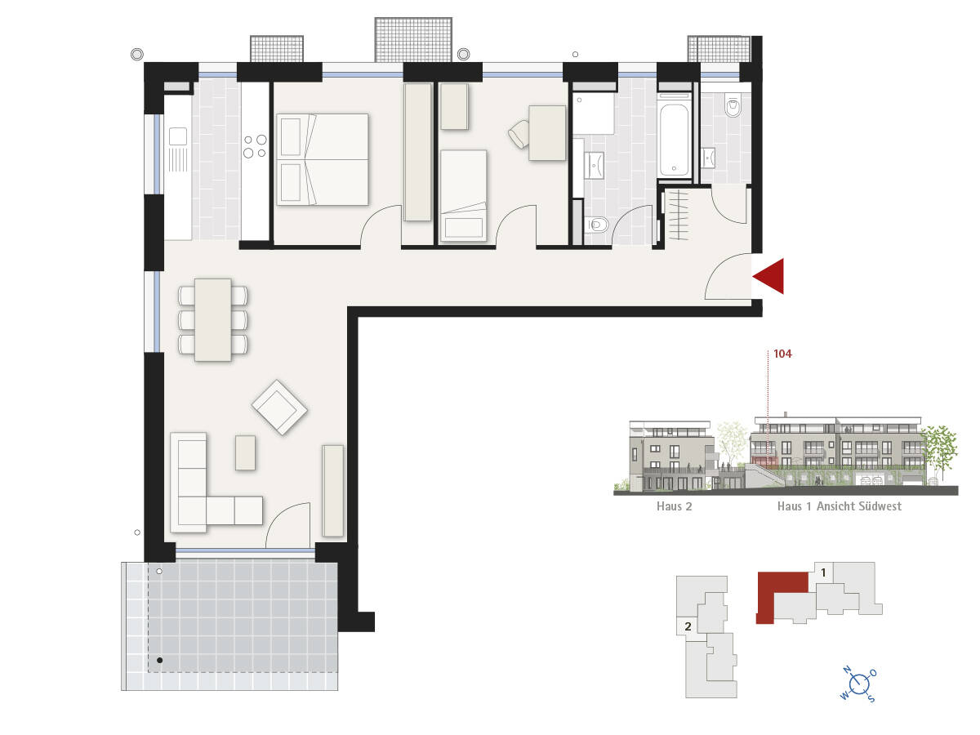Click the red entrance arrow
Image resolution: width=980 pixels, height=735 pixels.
click(770, 276)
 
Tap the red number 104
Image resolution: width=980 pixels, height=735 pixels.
click(782, 354)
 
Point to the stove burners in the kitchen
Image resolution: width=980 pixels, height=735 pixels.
click(254, 145)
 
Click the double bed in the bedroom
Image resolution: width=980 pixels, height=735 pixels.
click(323, 159)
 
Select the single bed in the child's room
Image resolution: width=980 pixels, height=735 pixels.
click(463, 196)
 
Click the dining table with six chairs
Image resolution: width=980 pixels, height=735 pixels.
click(212, 319)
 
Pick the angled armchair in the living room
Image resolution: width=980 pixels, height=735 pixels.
click(279, 406)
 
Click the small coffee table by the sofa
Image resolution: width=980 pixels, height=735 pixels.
click(246, 452)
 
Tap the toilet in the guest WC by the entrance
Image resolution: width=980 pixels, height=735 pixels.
click(732, 105)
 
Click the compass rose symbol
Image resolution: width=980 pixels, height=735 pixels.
click(858, 684)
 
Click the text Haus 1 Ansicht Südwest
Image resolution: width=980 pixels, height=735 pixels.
click(839, 506)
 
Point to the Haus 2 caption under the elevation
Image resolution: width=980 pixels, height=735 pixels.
click(674, 506)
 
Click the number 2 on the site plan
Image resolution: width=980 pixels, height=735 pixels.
click(688, 627)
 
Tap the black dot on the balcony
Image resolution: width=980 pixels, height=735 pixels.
click(160, 660)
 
